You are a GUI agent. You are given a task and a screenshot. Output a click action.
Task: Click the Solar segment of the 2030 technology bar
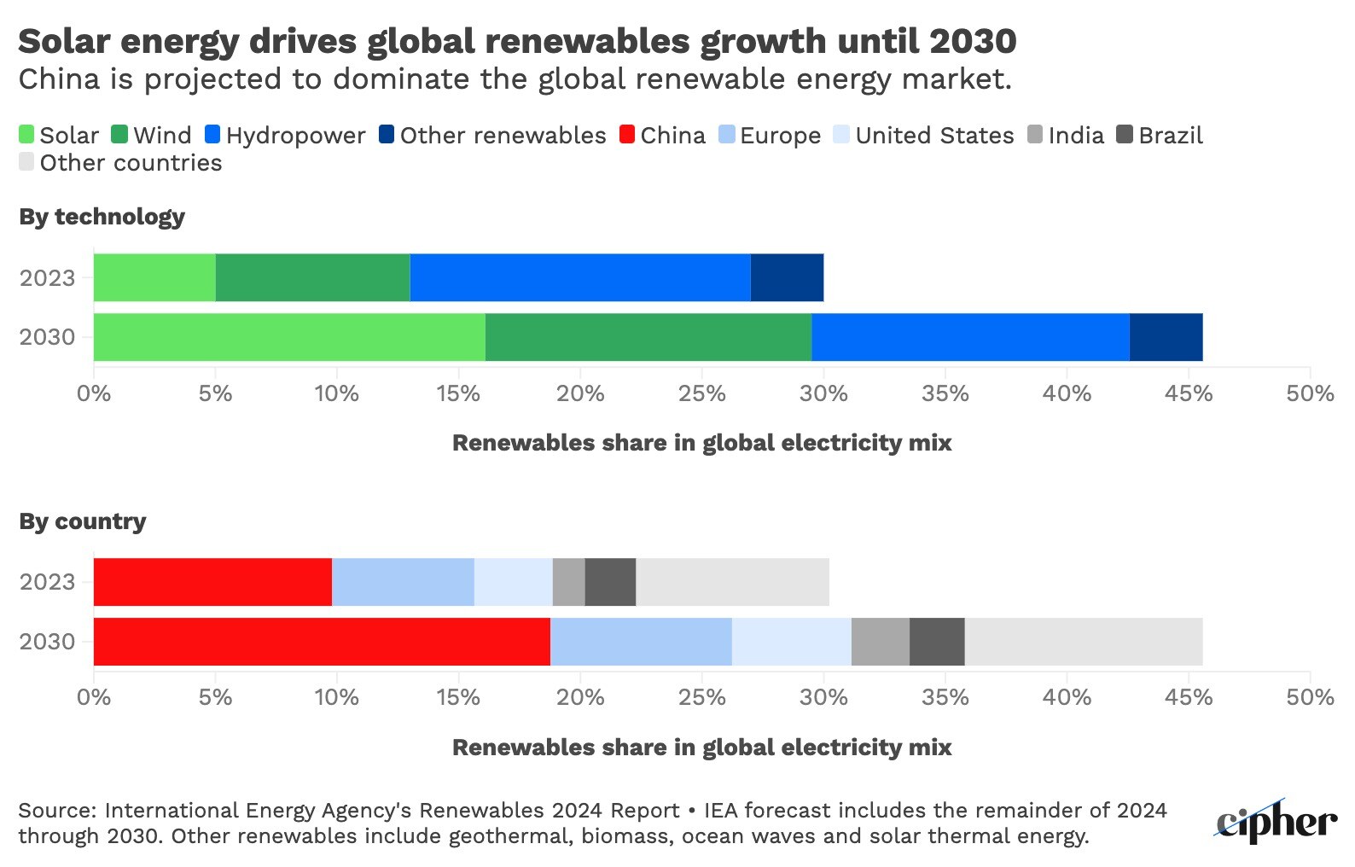click(x=289, y=337)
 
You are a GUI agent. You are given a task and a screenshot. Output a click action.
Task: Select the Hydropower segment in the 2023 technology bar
click(x=580, y=277)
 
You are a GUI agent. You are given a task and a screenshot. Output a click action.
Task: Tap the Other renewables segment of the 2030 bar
click(x=1166, y=337)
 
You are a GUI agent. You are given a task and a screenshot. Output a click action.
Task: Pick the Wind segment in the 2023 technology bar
click(x=312, y=277)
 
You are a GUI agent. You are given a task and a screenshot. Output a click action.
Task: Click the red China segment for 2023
click(x=212, y=582)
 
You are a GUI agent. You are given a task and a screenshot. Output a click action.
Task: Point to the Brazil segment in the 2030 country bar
click(x=937, y=642)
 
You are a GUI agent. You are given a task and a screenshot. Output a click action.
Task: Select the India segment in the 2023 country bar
click(x=568, y=582)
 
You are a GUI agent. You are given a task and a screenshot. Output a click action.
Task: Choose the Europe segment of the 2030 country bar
click(x=641, y=642)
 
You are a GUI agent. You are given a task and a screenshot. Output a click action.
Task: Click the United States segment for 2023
click(x=513, y=582)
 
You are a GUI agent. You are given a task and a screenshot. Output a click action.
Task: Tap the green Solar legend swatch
click(x=27, y=135)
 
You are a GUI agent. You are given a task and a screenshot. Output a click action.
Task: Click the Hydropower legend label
click(x=295, y=136)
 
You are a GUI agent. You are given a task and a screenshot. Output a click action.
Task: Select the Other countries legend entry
click(x=130, y=163)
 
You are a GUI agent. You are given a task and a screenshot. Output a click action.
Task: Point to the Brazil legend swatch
click(x=1125, y=135)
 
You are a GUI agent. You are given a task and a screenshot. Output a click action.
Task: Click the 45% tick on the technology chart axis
click(x=1189, y=393)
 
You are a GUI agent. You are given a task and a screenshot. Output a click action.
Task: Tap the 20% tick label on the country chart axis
click(x=580, y=698)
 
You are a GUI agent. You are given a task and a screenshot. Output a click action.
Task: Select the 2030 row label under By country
click(x=48, y=642)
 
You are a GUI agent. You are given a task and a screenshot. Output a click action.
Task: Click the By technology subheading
click(x=102, y=217)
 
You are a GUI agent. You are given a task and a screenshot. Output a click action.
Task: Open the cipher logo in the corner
click(x=1276, y=823)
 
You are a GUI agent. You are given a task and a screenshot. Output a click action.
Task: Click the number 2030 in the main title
click(x=972, y=41)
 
